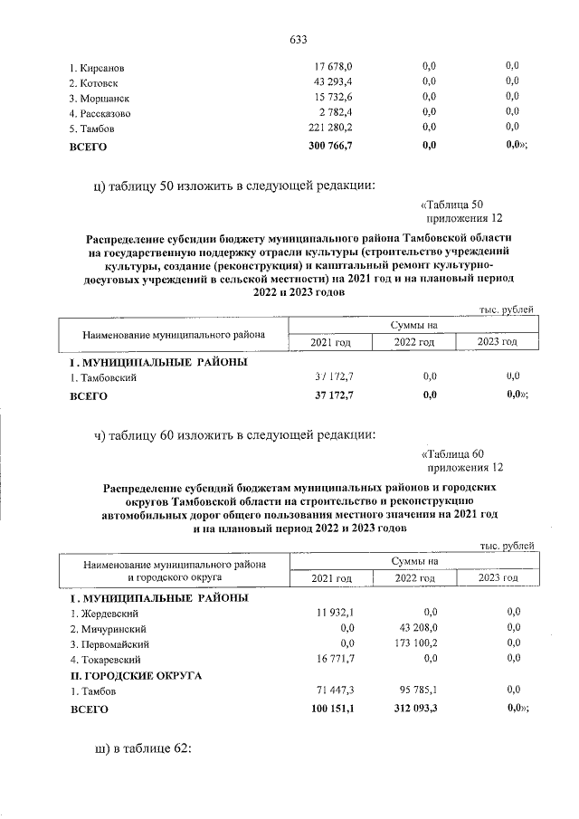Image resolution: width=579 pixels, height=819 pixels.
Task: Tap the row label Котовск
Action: point(99,82)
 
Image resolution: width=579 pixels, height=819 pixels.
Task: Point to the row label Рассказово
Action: point(100,114)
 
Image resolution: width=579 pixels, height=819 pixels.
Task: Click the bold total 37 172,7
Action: point(331,395)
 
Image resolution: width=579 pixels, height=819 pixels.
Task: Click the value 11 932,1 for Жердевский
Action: point(332,613)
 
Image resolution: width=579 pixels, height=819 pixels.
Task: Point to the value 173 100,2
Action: point(413,643)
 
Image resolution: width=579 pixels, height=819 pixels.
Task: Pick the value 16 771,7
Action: point(332,659)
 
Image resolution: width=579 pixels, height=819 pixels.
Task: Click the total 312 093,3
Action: point(412,710)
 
